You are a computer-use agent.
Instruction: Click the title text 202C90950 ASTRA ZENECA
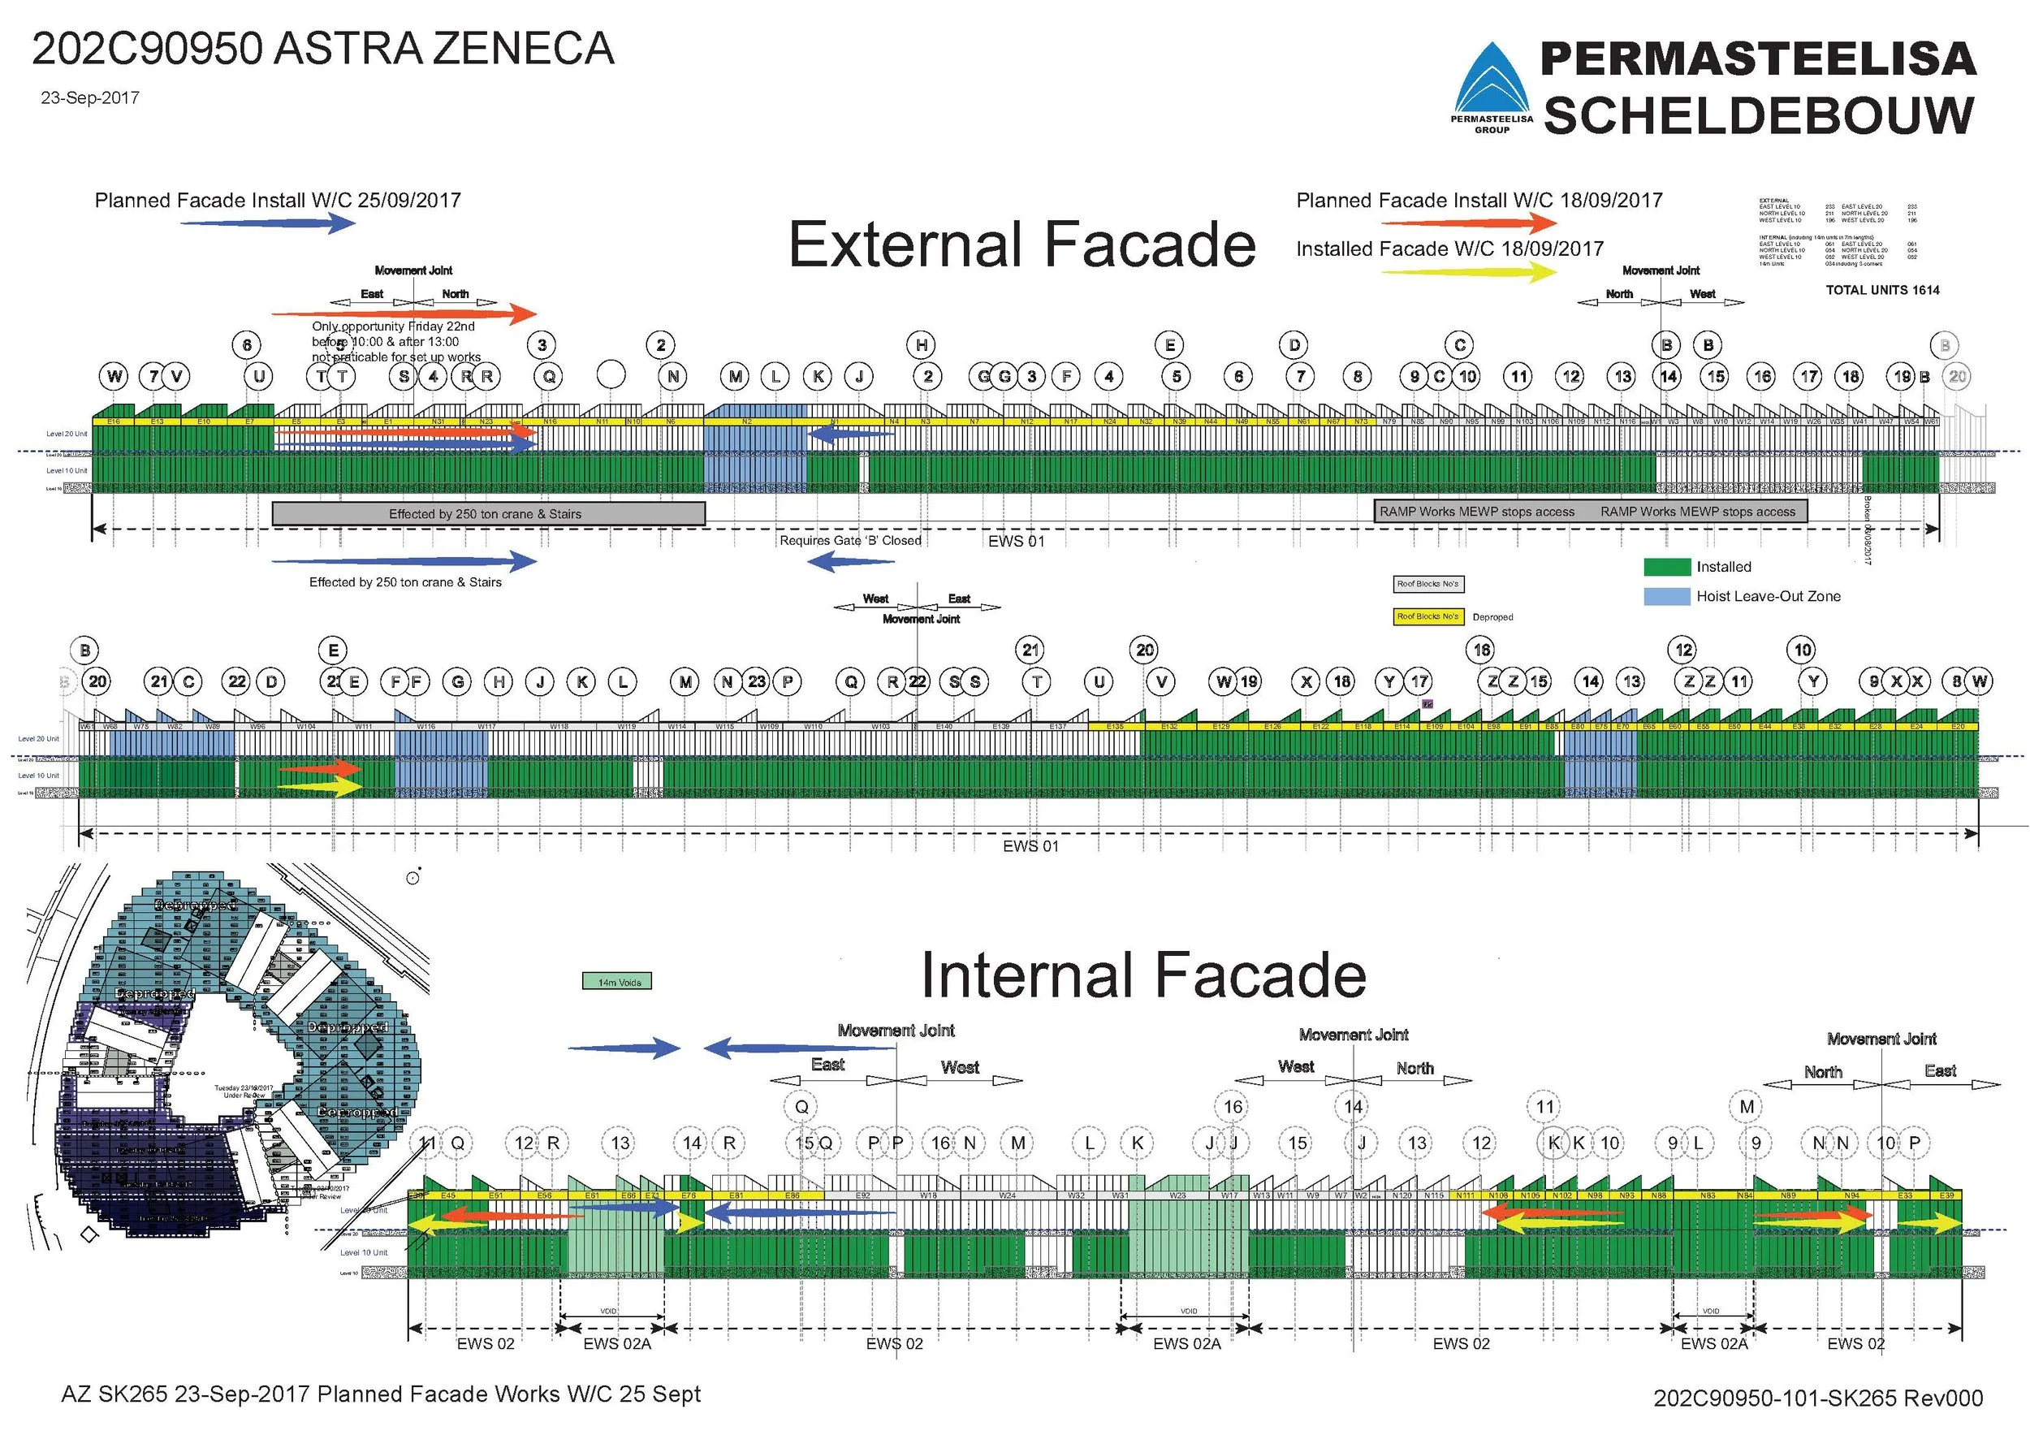pyautogui.click(x=322, y=49)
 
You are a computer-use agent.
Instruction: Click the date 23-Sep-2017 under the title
pyautogui.click(x=89, y=98)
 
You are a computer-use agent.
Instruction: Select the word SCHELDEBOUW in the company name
pyautogui.click(x=1759, y=116)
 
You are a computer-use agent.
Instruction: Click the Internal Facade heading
pyautogui.click(x=1143, y=975)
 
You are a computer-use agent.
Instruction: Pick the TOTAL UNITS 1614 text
pyautogui.click(x=1882, y=290)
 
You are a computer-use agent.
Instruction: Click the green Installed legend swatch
pyautogui.click(x=1666, y=567)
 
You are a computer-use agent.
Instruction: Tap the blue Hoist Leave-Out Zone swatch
pyautogui.click(x=1666, y=596)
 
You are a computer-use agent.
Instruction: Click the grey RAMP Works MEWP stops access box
pyautogui.click(x=1590, y=511)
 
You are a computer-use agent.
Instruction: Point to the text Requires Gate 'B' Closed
pyautogui.click(x=849, y=540)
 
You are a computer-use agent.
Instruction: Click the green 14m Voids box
pyautogui.click(x=617, y=981)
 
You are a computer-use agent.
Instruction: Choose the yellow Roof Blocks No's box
pyautogui.click(x=1427, y=616)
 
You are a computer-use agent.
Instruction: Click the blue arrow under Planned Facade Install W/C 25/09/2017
pyautogui.click(x=268, y=223)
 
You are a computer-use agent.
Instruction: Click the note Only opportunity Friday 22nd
pyautogui.click(x=394, y=326)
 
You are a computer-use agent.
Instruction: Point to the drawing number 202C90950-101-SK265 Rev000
pyautogui.click(x=1818, y=1398)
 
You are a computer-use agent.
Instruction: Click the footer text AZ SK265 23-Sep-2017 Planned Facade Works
pyautogui.click(x=380, y=1394)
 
